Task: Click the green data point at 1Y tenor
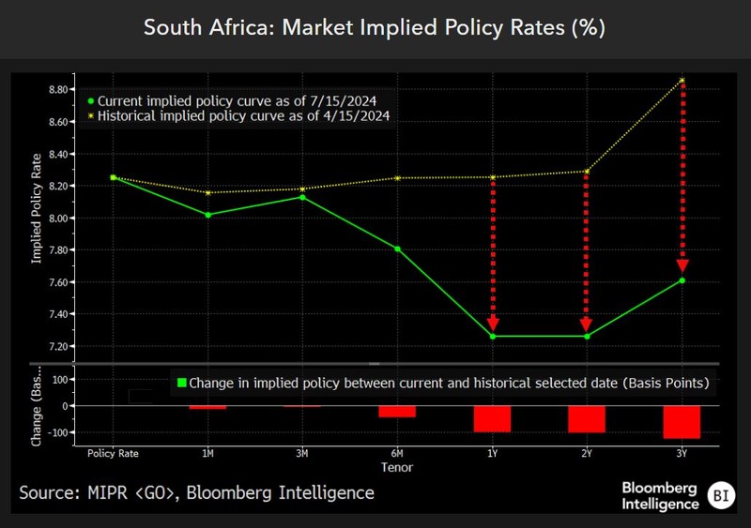click(493, 336)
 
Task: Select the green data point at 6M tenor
click(398, 249)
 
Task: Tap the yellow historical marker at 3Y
click(682, 81)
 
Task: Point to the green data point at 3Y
click(682, 280)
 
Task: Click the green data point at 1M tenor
click(208, 215)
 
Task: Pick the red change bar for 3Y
click(682, 422)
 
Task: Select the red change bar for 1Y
click(493, 418)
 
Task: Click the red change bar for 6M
click(398, 412)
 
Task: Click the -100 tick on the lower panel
click(59, 433)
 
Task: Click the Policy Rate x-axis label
click(114, 453)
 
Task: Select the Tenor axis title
click(397, 466)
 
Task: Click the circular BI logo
click(720, 494)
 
